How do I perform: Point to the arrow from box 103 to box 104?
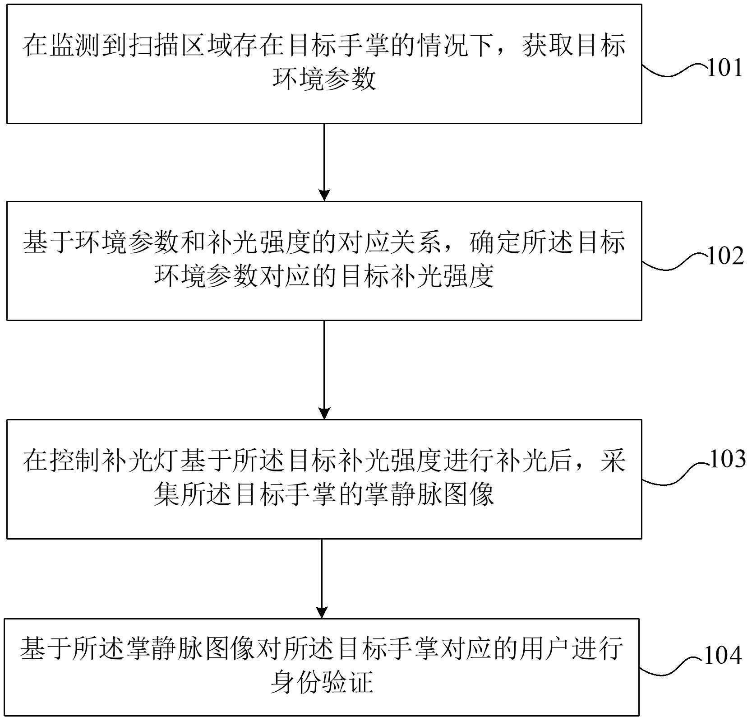point(321,578)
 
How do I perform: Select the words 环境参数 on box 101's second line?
point(324,80)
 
